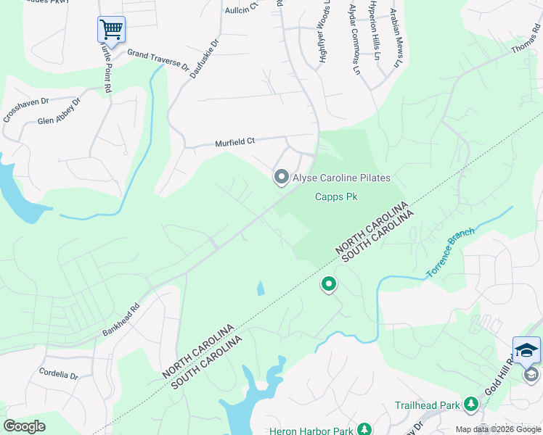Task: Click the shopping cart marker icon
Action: tap(111, 30)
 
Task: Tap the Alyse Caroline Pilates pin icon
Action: tap(281, 177)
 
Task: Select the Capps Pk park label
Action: tap(336, 196)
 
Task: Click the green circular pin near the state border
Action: tap(329, 285)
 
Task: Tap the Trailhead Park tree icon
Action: tap(471, 403)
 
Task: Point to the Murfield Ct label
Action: tap(235, 143)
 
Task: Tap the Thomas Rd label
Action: tap(525, 40)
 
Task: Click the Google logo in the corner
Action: tap(24, 426)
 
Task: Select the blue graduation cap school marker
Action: tap(526, 351)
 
